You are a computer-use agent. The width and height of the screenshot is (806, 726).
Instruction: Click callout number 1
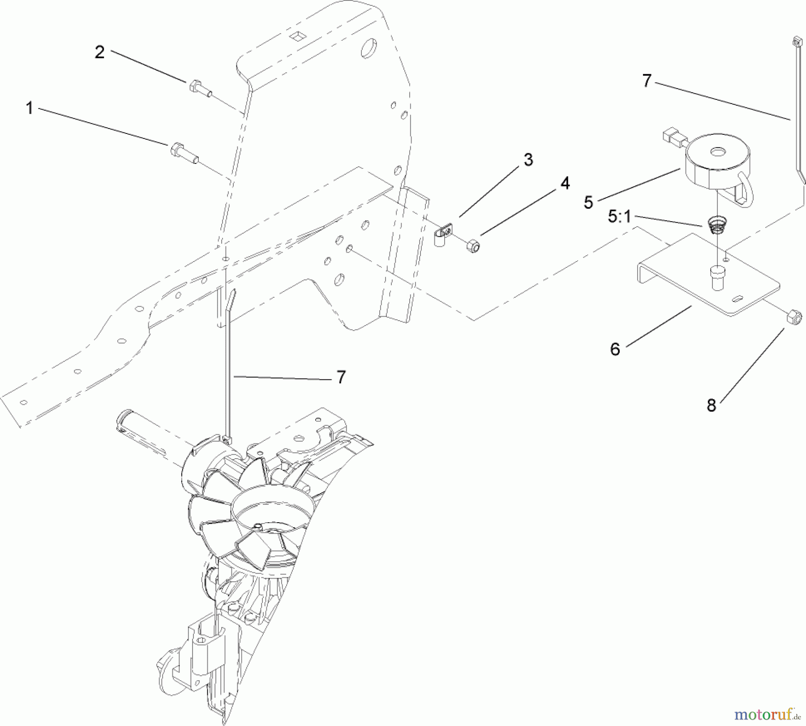coord(30,108)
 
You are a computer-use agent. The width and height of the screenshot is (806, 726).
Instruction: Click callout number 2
coord(99,52)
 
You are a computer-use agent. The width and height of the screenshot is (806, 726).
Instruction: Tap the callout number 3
coord(528,160)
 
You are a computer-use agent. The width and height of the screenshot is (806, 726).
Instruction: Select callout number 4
coord(565,183)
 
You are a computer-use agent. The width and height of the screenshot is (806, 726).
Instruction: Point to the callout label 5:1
coord(619,217)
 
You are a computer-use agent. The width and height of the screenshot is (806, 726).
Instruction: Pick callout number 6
coord(615,349)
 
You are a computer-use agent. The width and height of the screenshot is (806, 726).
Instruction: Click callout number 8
coord(712,405)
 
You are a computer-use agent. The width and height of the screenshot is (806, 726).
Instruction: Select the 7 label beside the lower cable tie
coord(341,377)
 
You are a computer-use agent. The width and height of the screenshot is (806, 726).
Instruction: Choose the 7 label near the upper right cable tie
coord(647,81)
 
